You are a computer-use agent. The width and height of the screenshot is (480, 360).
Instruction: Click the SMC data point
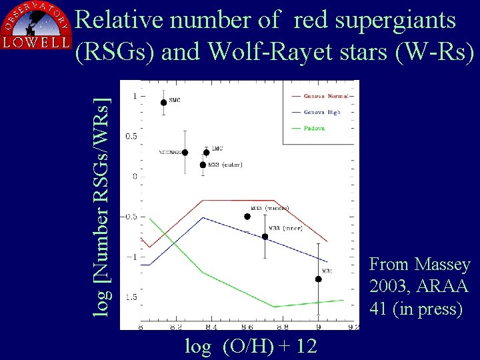pos(164,102)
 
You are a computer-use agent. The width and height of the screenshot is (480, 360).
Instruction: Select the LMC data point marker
pos(206,152)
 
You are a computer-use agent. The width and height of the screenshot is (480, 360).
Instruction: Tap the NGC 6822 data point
pos(185,153)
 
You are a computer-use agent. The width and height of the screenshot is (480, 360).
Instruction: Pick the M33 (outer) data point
pos(203,165)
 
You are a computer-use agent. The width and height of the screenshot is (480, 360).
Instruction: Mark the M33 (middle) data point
pos(247,216)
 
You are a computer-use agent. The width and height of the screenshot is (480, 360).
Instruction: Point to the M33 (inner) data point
pos(265,236)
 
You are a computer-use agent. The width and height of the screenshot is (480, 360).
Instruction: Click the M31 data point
pos(319,279)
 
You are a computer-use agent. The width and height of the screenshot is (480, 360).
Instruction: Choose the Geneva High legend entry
pos(321,112)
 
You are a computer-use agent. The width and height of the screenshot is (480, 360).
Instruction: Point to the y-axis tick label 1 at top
pos(135,96)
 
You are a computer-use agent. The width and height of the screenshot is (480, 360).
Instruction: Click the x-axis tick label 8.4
pos(211,327)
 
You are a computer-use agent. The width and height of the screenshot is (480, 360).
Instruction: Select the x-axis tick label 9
pos(319,327)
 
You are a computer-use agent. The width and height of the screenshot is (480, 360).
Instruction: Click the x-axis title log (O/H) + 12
pos(251,346)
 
